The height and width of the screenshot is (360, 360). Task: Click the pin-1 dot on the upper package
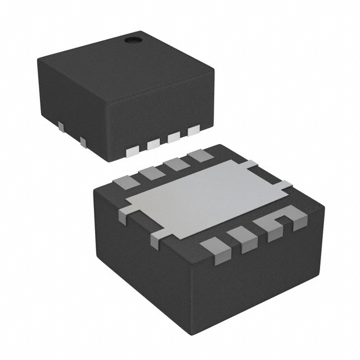point(133,40)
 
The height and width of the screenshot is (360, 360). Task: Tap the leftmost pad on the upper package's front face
point(133,150)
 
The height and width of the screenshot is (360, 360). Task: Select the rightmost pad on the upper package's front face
point(194,130)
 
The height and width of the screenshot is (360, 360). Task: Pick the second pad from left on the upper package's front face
point(154,144)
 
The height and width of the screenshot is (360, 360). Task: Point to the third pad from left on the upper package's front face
point(174,137)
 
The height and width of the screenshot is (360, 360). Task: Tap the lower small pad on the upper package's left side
point(83,141)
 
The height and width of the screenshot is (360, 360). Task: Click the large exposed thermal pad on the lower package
point(205,196)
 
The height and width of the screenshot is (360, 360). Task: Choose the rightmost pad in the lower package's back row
point(200,156)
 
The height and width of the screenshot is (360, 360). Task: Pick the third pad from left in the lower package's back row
point(177,164)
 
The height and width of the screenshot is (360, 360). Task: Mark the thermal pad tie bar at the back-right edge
point(251,164)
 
